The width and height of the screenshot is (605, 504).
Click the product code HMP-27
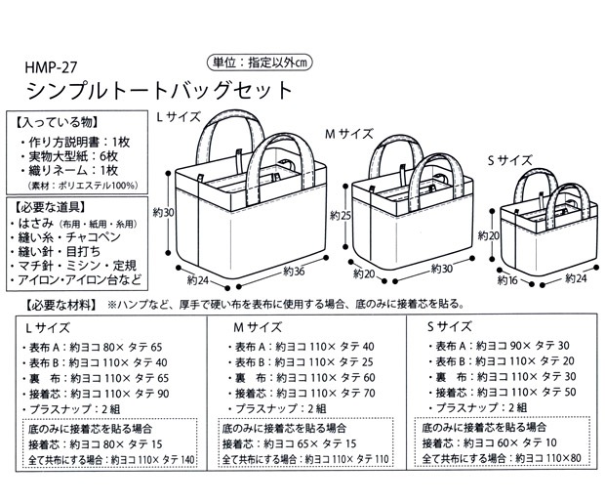pos(49,70)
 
